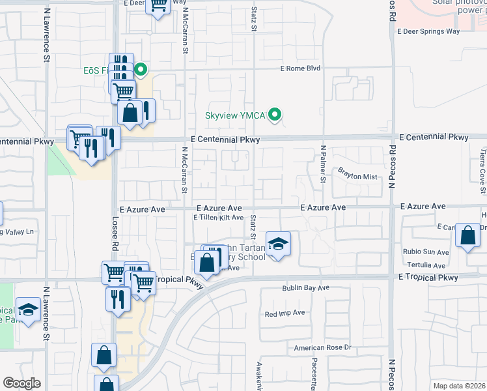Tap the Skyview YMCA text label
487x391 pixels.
pyautogui.click(x=235, y=115)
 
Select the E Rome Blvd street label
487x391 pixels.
pyautogui.click(x=301, y=68)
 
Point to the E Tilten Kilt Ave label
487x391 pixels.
pyautogui.click(x=218, y=218)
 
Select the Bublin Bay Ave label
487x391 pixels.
pyautogui.click(x=306, y=287)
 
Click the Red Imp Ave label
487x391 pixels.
pyautogui.click(x=285, y=313)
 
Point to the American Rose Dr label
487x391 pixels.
pyautogui.click(x=322, y=347)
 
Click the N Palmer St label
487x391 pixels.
pyautogui.click(x=322, y=164)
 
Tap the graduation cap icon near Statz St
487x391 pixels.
pyautogui.click(x=278, y=244)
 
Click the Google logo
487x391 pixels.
pyautogui.click(x=21, y=383)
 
